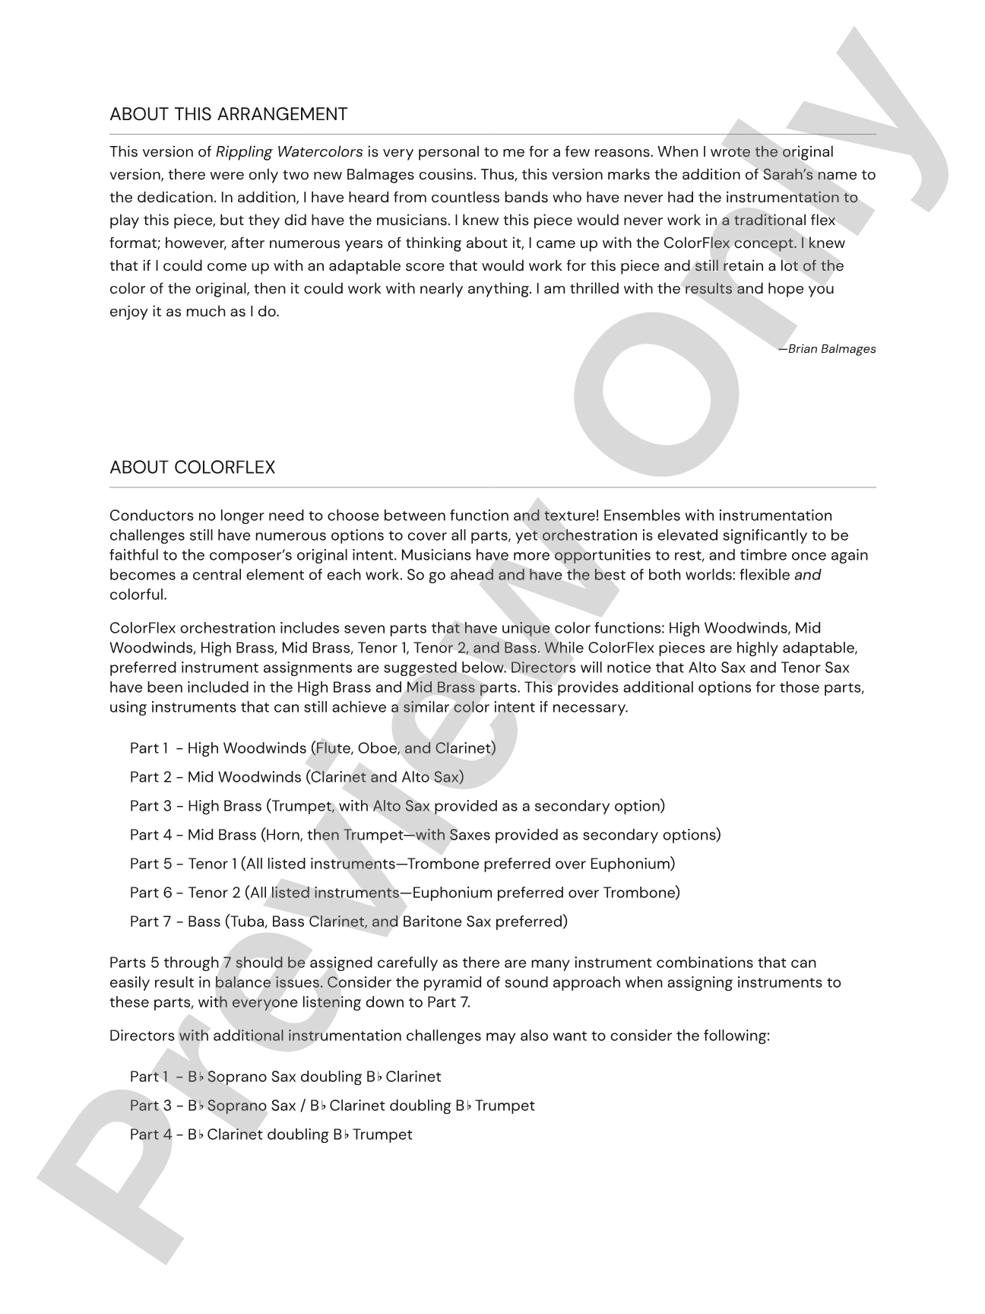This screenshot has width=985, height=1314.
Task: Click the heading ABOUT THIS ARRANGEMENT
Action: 228,114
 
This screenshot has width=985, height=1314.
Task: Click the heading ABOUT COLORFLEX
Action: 192,467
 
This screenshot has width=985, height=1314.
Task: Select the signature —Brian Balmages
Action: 827,349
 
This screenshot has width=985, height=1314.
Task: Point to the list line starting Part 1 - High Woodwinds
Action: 312,748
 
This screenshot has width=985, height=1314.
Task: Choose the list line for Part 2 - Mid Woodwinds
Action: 296,777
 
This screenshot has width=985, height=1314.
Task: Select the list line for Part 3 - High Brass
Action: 397,806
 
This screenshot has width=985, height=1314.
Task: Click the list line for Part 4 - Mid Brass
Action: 425,835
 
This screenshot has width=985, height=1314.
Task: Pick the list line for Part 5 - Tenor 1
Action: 402,864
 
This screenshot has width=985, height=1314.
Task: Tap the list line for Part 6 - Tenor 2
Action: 404,893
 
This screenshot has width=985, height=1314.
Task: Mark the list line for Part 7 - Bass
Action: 348,922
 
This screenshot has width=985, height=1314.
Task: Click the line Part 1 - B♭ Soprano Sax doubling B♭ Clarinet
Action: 285,1077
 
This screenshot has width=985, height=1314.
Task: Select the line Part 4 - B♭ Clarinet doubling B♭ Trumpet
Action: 271,1135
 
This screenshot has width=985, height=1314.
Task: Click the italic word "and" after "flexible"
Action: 807,575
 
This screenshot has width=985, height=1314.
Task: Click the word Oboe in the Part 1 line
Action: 378,748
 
